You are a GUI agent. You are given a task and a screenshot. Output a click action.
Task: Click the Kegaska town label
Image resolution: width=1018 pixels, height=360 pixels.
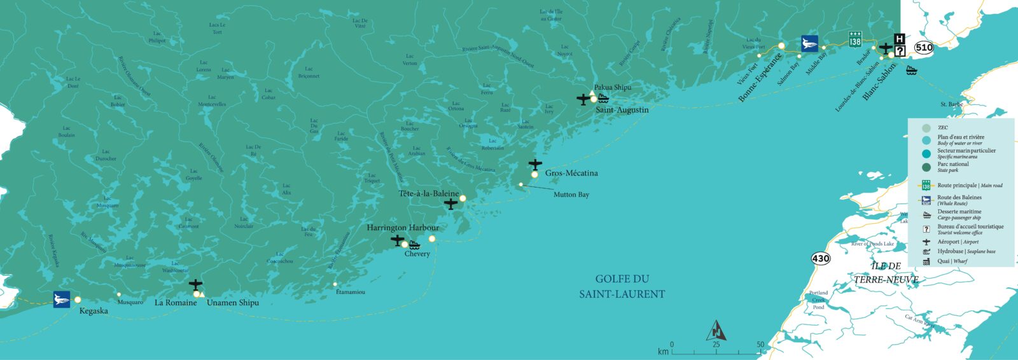click(x=94, y=311)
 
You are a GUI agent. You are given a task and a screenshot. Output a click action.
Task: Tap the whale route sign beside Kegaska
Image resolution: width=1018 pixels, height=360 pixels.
click(x=62, y=300)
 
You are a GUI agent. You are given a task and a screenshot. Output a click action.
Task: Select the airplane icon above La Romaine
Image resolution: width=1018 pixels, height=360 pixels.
click(x=195, y=284)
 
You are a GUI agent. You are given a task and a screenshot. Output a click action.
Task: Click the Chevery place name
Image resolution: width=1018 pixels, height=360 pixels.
click(x=417, y=254)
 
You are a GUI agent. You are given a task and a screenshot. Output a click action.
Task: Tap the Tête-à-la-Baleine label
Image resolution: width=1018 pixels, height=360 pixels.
click(x=429, y=193)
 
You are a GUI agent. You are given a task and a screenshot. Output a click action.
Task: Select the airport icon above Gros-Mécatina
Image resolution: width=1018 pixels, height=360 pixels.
click(x=535, y=165)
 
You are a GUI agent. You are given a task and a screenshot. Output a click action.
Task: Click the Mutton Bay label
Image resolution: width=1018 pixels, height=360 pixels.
click(x=571, y=195)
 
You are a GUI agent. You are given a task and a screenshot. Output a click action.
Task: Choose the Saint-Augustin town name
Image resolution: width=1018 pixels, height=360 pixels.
click(x=622, y=110)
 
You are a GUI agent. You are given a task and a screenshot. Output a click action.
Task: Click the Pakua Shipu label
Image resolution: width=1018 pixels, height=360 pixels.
click(x=613, y=87)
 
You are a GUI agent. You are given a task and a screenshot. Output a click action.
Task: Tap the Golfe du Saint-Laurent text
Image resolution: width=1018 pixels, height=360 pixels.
click(x=622, y=286)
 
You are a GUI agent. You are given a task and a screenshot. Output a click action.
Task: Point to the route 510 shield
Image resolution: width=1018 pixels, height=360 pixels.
click(x=924, y=48)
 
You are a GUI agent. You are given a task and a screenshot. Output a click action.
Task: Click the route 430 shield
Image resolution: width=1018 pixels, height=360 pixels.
click(x=821, y=258)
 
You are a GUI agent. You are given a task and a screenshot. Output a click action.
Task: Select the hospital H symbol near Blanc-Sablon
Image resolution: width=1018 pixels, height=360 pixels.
click(x=900, y=39)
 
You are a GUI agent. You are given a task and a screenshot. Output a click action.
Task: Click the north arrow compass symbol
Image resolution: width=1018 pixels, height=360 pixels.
click(x=717, y=331)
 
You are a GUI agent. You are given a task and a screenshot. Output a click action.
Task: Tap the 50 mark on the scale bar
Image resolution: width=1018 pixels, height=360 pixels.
click(x=760, y=345)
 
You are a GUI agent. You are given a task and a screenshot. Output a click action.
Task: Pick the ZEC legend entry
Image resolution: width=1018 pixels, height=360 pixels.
click(x=942, y=128)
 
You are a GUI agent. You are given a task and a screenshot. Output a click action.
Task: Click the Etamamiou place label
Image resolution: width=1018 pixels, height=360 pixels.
click(x=350, y=292)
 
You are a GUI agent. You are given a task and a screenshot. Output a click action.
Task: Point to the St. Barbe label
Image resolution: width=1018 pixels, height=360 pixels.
click(x=951, y=104)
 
